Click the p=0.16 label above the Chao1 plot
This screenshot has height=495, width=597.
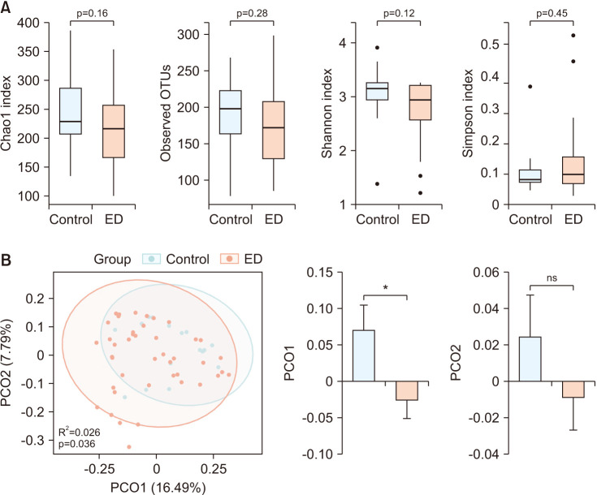click(92, 13)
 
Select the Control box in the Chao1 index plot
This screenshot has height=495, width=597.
click(71, 111)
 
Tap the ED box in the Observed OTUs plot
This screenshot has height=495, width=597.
click(274, 130)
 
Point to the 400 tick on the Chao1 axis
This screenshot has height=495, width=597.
click(28, 23)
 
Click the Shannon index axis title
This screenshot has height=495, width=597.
click(327, 113)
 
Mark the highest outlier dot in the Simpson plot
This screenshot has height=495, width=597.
click(573, 36)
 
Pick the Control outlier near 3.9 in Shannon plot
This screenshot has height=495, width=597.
click(377, 48)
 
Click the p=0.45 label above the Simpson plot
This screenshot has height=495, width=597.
click(552, 13)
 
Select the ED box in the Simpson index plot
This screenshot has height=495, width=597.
click(573, 170)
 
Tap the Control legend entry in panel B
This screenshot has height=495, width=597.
click(176, 259)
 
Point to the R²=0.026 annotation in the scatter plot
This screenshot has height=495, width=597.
click(80, 432)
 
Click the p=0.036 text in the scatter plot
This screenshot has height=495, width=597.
click(77, 444)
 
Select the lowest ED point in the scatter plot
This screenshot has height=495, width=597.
click(129, 446)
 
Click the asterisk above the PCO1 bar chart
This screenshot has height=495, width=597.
click(385, 288)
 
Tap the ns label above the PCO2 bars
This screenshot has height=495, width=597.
click(552, 278)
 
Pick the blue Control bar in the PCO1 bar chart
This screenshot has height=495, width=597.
click(364, 355)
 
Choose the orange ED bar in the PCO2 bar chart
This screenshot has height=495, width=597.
click(573, 390)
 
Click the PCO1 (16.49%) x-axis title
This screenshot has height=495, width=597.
click(158, 488)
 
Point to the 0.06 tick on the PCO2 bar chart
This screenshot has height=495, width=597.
click(486, 273)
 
